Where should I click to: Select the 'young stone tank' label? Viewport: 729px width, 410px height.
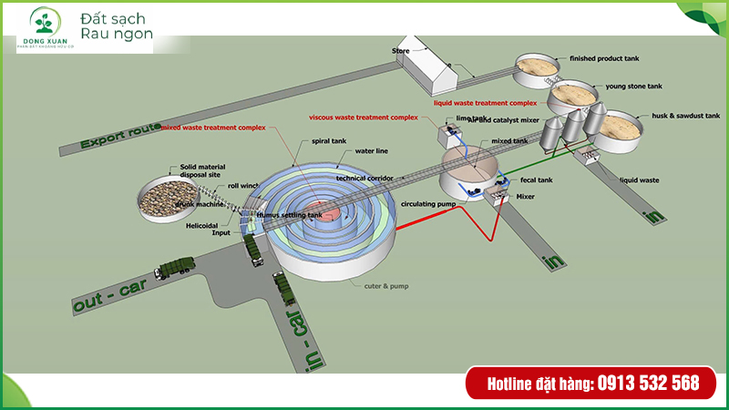click(632, 87)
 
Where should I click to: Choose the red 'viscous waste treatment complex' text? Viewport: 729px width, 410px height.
click(363, 118)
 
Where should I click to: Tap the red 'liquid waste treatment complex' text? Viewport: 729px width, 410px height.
click(485, 103)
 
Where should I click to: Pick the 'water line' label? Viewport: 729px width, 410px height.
click(372, 150)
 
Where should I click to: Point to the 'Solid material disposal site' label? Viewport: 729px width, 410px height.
click(201, 170)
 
